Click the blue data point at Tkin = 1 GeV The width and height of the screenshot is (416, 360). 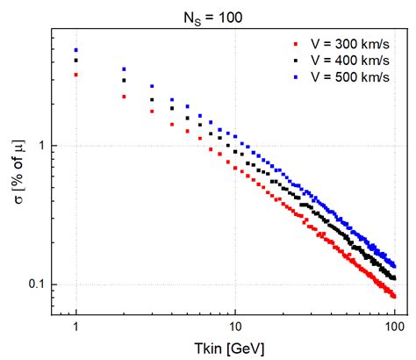pos(76,50)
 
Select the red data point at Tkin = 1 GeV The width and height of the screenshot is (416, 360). pos(76,75)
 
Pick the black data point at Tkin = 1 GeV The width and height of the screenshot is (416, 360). pos(76,61)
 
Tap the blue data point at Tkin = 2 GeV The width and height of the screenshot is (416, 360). pos(124,69)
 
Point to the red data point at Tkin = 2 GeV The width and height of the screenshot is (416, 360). pos(124,97)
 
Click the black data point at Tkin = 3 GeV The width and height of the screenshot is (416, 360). pos(152,98)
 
